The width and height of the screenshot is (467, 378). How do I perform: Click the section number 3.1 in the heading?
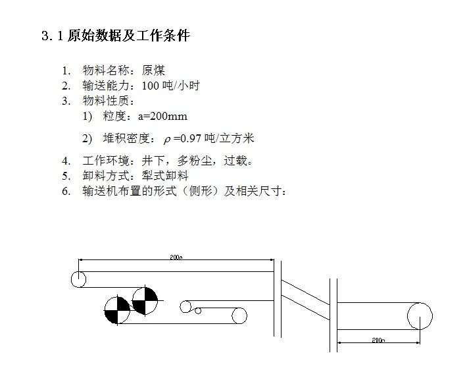click(52, 36)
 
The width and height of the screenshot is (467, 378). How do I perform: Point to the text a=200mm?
click(162, 117)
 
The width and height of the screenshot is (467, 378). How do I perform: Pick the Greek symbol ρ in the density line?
click(167, 139)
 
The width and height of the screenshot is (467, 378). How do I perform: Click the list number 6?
click(66, 192)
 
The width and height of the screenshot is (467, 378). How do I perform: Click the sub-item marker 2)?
click(87, 138)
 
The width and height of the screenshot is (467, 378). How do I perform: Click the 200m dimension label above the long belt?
click(176, 257)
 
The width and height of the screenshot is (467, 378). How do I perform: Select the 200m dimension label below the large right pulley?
click(378, 340)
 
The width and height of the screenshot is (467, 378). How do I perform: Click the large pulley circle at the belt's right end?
click(420, 316)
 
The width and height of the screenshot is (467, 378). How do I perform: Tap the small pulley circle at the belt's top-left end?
click(78, 279)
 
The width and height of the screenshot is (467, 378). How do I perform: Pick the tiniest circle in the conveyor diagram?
click(196, 310)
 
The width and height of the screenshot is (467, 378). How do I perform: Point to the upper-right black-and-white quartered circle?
click(145, 300)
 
